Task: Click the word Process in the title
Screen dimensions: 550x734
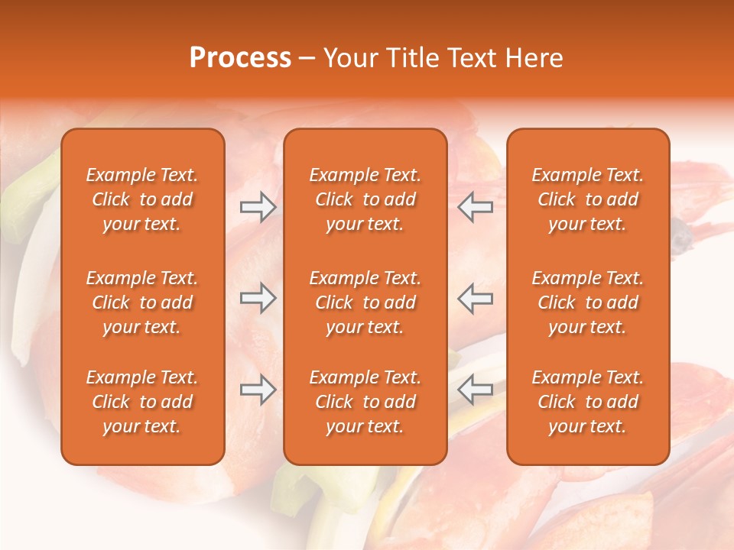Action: pos(240,58)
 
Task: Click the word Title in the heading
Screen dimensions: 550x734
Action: pos(414,58)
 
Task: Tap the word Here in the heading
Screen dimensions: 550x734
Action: pos(535,58)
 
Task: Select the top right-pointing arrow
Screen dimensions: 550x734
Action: pos(258,207)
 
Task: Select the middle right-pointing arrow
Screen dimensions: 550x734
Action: pos(258,298)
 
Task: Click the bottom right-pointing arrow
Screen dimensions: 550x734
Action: pos(258,390)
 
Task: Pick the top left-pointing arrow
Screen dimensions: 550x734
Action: pos(475,207)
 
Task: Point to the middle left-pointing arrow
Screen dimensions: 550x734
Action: pos(475,298)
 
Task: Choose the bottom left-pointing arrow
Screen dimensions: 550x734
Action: pos(475,390)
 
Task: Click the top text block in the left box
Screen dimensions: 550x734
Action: pos(142,199)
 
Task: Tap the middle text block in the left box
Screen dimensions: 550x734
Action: pos(142,302)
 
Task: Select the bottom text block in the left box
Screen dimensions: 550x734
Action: pos(142,402)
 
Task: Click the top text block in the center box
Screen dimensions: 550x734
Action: pos(365,199)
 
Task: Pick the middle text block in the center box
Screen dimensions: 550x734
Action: pos(365,302)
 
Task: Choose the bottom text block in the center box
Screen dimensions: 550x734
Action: pos(365,402)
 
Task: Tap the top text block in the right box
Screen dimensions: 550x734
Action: pos(588,199)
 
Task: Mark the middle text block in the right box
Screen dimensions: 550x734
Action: pos(588,302)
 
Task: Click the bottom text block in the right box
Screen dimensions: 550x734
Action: pos(588,402)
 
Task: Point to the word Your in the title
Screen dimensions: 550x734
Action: pos(352,58)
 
